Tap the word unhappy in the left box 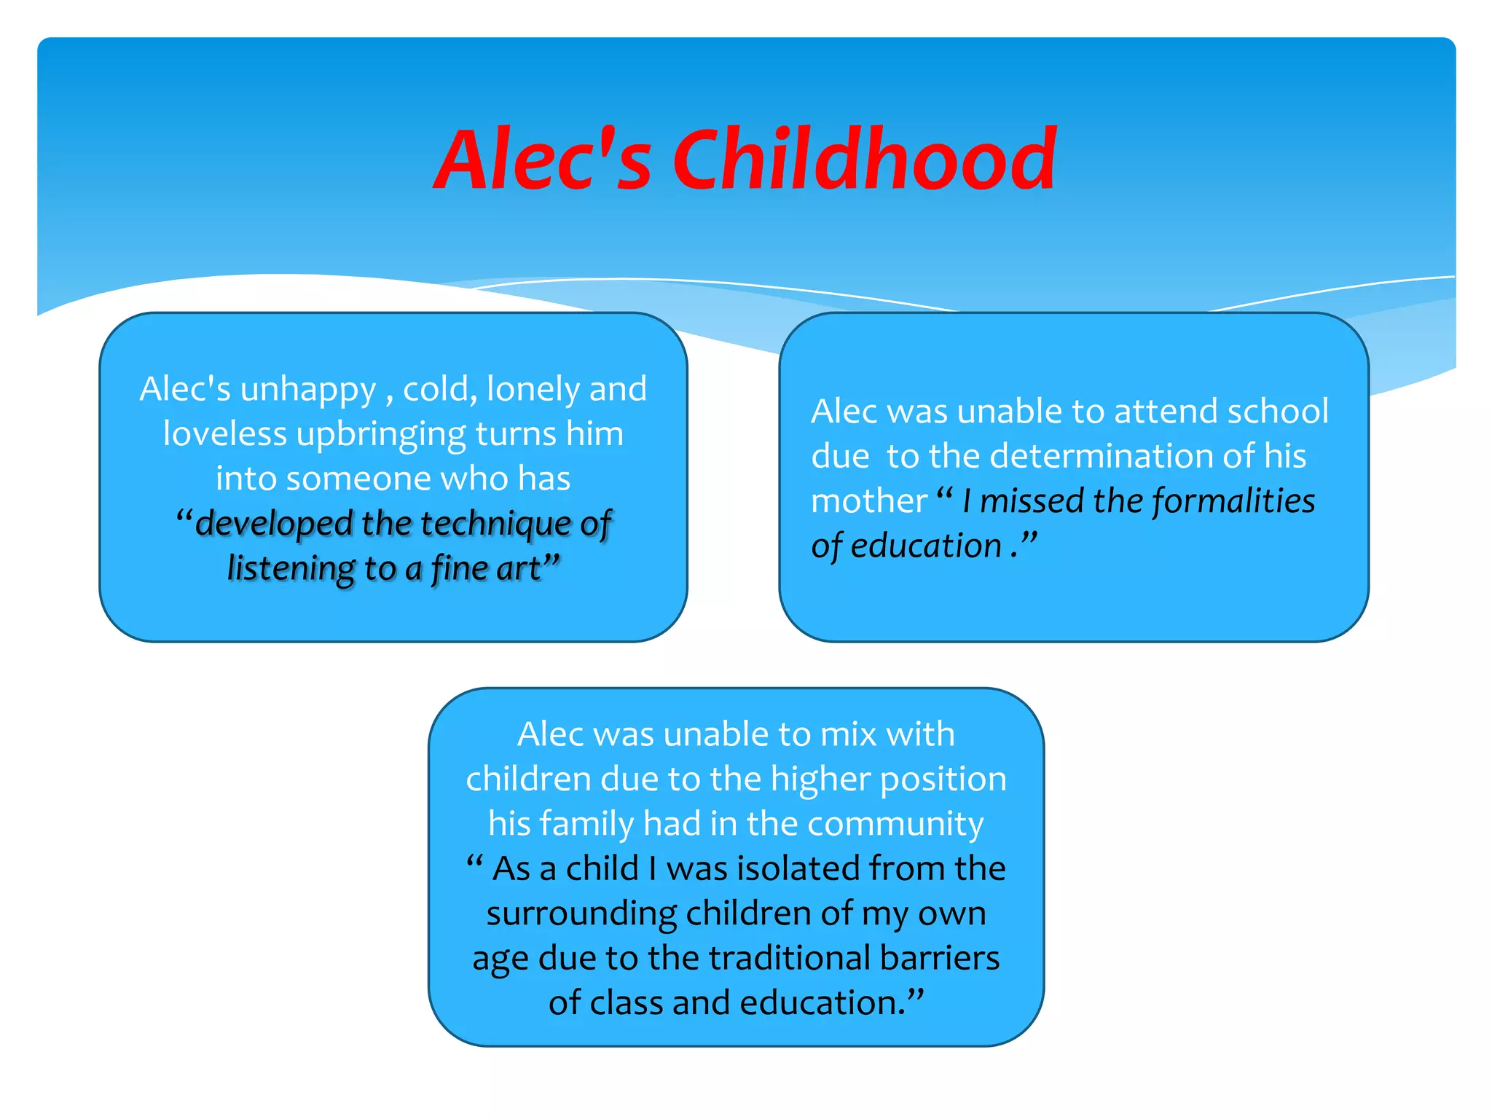pyautogui.click(x=307, y=390)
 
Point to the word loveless pyautogui.click(x=224, y=434)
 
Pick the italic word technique pyautogui.click(x=495, y=525)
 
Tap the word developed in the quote pyautogui.click(x=274, y=524)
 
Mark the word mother pyautogui.click(x=868, y=501)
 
